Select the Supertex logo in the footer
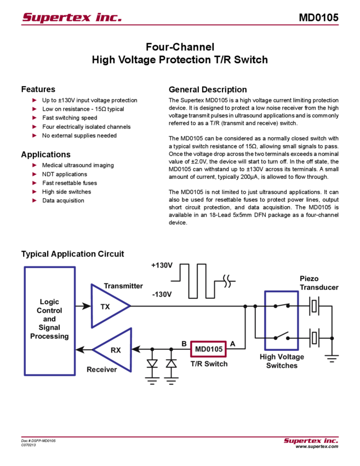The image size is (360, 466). point(311,441)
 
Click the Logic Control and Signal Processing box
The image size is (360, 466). point(49,321)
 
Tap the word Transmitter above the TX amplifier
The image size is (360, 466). point(124,286)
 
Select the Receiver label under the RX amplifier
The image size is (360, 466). point(102,370)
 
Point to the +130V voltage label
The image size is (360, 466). point(162,266)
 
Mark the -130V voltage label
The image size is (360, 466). point(162,294)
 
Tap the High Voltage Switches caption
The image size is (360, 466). point(282,361)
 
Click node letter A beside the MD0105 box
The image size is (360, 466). point(232,344)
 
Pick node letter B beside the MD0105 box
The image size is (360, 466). point(184,344)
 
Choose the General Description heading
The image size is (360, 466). point(208,89)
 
